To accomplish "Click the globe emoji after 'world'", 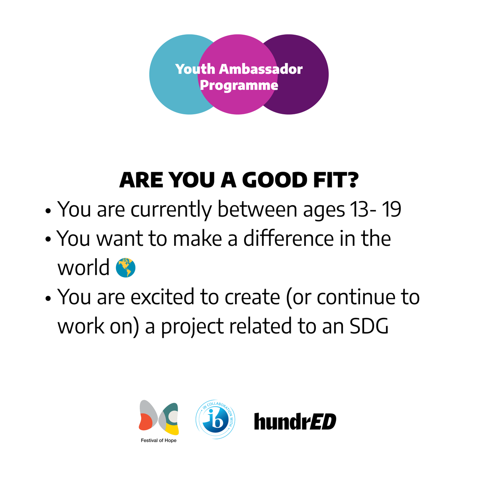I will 125,268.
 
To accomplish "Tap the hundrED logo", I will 295,422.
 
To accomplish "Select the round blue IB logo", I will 215,420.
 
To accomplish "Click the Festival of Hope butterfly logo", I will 159,418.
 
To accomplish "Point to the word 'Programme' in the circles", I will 239,85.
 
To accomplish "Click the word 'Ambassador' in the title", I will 261,69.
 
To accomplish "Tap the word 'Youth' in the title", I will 195,69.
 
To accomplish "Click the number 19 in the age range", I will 391,210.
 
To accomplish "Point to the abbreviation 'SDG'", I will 369,327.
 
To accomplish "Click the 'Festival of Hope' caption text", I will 159,441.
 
